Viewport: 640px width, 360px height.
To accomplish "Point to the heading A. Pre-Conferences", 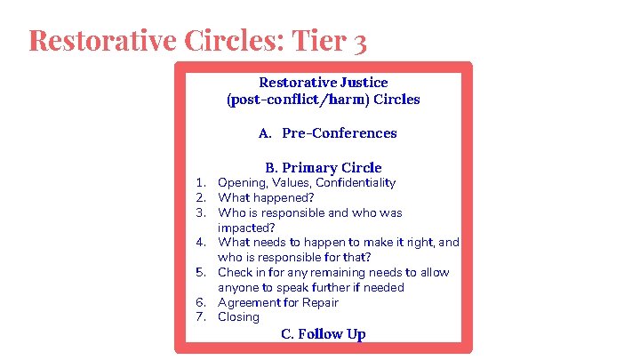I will [x=327, y=133].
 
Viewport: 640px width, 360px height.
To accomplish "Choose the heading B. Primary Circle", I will [x=323, y=167].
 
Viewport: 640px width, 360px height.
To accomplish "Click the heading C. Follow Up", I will [x=323, y=334].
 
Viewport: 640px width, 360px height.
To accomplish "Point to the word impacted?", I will [x=244, y=228].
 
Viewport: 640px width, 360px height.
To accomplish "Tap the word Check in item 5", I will [x=234, y=272].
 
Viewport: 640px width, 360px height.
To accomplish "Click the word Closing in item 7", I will [x=238, y=316].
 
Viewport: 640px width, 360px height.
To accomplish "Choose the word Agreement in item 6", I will [x=248, y=302].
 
